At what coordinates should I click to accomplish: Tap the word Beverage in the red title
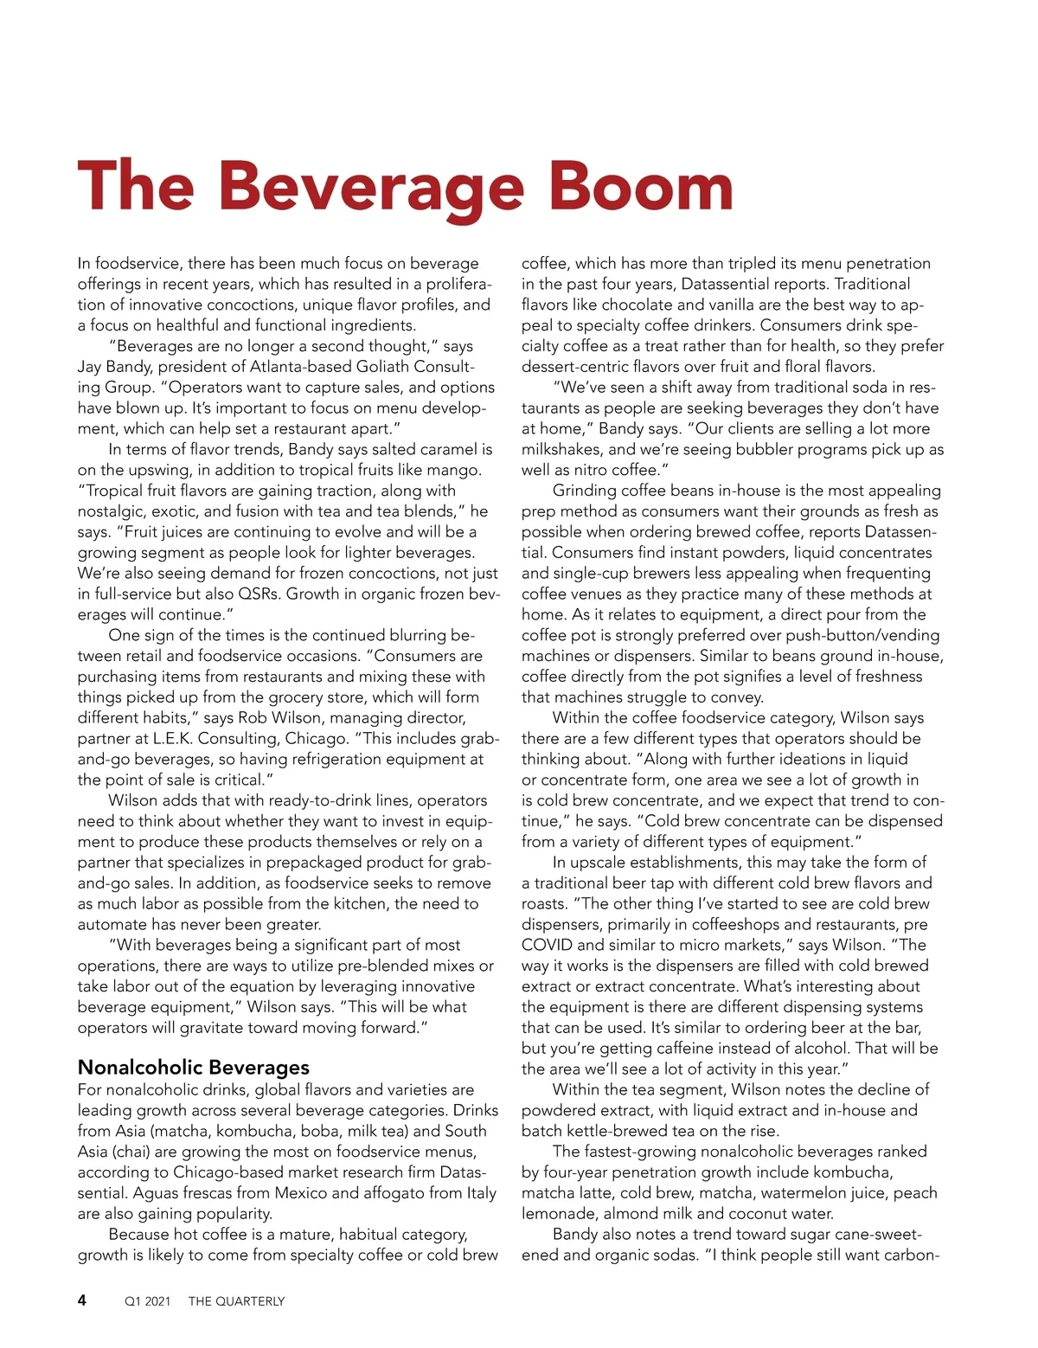pos(371,186)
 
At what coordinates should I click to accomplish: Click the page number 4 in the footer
pos(82,1300)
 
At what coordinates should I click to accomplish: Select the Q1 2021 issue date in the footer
pos(148,1301)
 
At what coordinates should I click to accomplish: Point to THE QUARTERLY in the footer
pos(236,1301)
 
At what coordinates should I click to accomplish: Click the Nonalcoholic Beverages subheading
pos(193,1067)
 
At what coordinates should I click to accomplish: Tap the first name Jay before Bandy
pos(91,367)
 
